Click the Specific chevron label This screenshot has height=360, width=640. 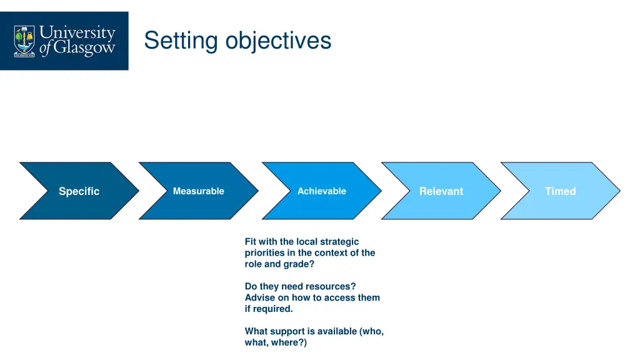(79, 191)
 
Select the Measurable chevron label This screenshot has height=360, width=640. (198, 191)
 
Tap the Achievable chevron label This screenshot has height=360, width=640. (321, 191)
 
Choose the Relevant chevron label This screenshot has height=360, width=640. (441, 191)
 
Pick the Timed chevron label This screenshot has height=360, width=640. (560, 191)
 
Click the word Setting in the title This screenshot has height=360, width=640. (181, 41)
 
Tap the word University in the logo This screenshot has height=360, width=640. (77, 32)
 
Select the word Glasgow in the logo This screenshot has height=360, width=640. (84, 49)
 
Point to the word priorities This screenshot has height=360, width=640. (265, 253)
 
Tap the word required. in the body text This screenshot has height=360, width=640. (274, 309)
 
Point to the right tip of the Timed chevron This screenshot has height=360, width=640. (619, 191)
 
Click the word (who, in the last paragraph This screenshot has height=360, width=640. (371, 331)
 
